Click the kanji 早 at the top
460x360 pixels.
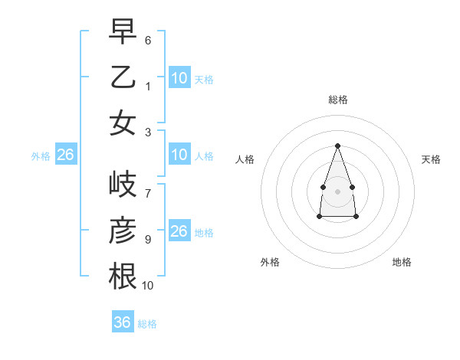[x=123, y=31]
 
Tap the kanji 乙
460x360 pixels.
[x=123, y=77]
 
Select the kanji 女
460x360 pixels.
[x=123, y=123]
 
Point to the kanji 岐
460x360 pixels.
[x=123, y=185]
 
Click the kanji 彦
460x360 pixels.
[x=123, y=231]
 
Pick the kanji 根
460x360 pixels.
[x=123, y=277]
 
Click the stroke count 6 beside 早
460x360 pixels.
[x=147, y=40]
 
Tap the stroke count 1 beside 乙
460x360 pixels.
[x=147, y=86]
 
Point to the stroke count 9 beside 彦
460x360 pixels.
[x=147, y=239]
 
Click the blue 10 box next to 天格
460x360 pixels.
[x=179, y=77]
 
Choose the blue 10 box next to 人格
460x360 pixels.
[x=179, y=155]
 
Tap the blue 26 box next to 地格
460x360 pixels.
[x=179, y=231]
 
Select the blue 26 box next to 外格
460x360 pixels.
[x=65, y=155]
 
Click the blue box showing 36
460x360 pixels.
[x=122, y=322]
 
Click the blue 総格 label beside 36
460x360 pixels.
[x=147, y=324]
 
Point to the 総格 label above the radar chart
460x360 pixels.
[x=337, y=100]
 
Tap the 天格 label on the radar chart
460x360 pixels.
[x=431, y=159]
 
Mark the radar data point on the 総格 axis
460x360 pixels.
[x=337, y=146]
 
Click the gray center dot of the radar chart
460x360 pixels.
[x=337, y=190]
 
